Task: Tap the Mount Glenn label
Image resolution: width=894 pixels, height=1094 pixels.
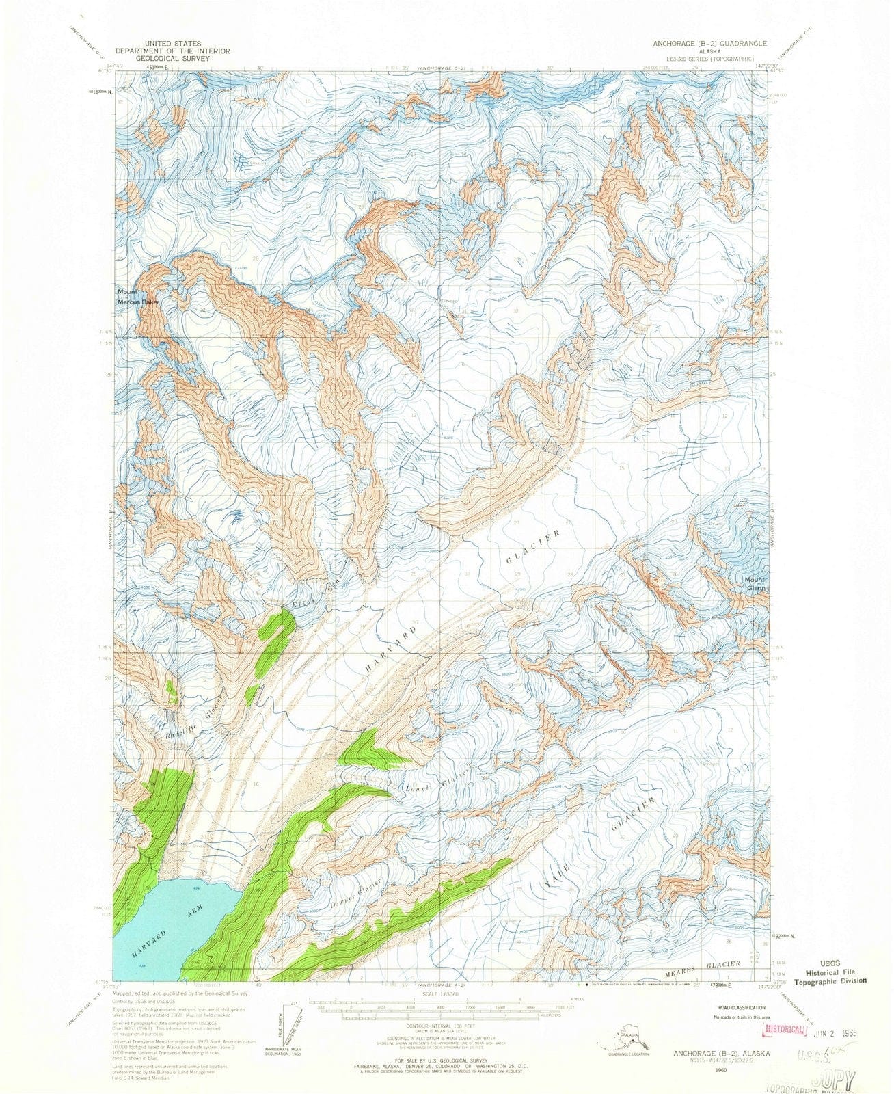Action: click(756, 583)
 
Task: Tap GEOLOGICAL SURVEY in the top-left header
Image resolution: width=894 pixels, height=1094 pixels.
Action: click(172, 59)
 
